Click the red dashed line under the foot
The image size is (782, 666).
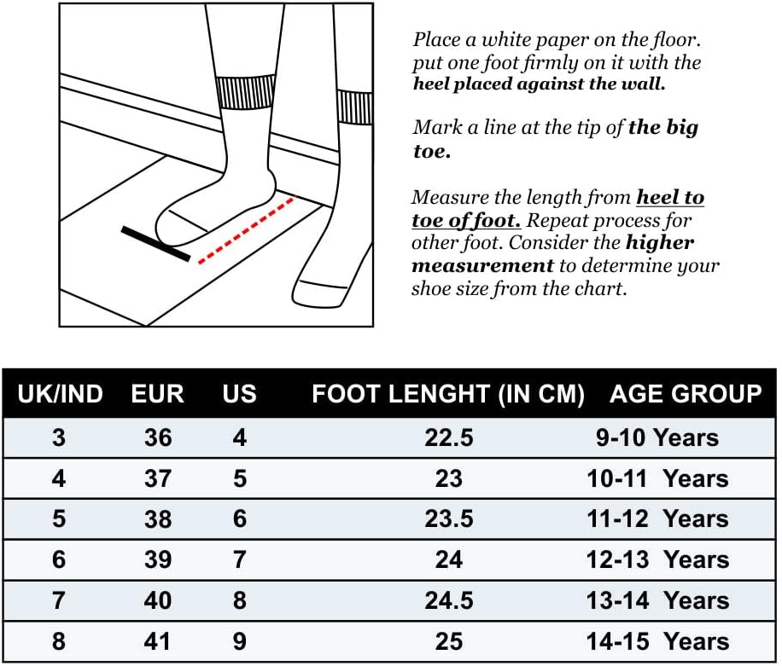pos(248,229)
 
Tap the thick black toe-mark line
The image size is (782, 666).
pos(155,244)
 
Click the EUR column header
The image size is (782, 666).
pos(158,393)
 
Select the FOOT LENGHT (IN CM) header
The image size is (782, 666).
pos(448,394)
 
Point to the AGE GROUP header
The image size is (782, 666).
pos(686,393)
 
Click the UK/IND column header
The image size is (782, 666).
pos(60,393)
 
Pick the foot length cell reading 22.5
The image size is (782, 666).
pos(449,437)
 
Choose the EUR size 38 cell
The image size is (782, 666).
pos(158,519)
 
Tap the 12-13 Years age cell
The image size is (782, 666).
pos(658,559)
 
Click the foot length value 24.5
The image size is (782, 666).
pos(449,600)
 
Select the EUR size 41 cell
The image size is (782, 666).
pos(158,641)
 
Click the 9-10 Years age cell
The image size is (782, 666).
pos(657,437)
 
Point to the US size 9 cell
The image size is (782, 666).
pos(240,641)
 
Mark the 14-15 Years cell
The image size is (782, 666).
pos(658,641)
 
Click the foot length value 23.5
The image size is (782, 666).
pos(449,519)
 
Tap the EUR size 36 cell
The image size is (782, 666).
pos(158,437)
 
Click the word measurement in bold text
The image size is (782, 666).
pos(482,265)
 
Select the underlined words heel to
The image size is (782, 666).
pos(670,197)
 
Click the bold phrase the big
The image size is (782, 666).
pos(662,129)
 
